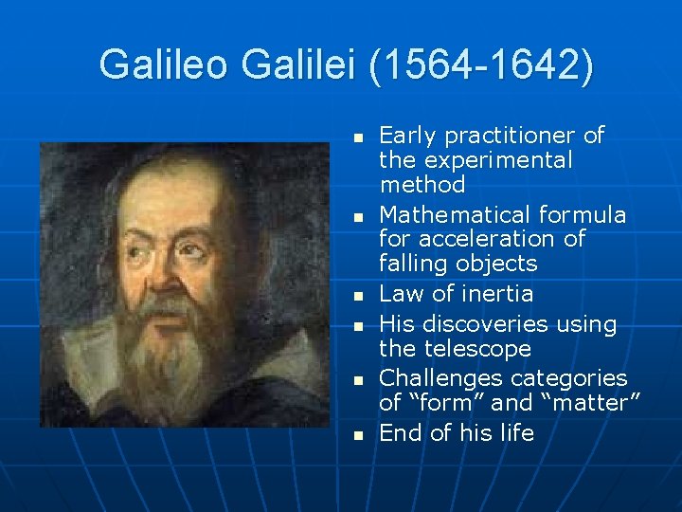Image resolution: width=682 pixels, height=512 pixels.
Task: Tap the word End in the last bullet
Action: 399,433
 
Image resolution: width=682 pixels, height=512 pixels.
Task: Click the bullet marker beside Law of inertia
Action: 358,296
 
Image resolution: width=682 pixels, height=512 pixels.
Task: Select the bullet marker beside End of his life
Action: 358,435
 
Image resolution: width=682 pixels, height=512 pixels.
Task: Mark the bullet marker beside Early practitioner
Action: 358,137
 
